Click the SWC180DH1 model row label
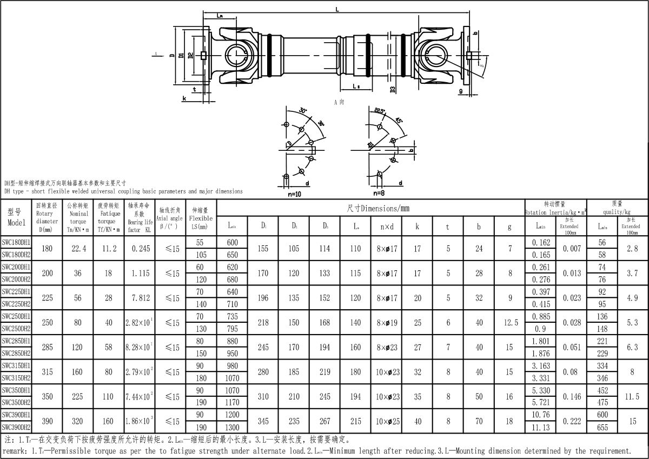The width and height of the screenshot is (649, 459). tap(16, 242)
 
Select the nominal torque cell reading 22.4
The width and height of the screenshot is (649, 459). tap(78, 249)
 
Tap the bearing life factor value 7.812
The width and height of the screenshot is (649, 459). tap(139, 298)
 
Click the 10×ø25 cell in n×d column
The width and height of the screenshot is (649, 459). tap(387, 421)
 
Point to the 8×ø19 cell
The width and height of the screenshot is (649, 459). tap(387, 323)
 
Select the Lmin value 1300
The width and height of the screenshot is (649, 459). tap(233, 427)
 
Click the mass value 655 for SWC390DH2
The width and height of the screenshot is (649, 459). tap(602, 427)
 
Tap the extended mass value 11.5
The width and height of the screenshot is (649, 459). tap(631, 396)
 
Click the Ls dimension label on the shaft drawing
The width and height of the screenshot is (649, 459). tap(356, 86)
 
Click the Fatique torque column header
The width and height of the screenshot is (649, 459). tap(109, 217)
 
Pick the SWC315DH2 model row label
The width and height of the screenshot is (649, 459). tap(16, 378)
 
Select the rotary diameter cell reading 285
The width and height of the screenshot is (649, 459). tap(48, 347)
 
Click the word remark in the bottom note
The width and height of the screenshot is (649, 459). tap(15, 451)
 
